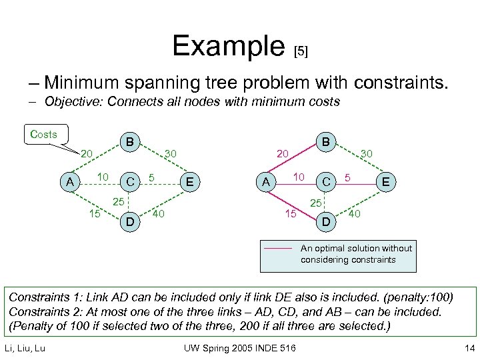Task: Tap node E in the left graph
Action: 191,181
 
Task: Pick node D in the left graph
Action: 131,221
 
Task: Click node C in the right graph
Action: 327,181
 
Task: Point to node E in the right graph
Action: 387,181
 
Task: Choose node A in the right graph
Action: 266,181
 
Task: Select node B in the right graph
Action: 326,142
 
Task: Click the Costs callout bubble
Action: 45,134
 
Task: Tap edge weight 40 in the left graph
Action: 159,214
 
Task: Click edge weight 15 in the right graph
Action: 290,214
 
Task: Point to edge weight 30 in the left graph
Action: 170,154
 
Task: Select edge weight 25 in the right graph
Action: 317,202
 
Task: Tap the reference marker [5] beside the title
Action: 301,51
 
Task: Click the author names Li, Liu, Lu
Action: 25,347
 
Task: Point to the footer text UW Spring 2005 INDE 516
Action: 241,347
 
